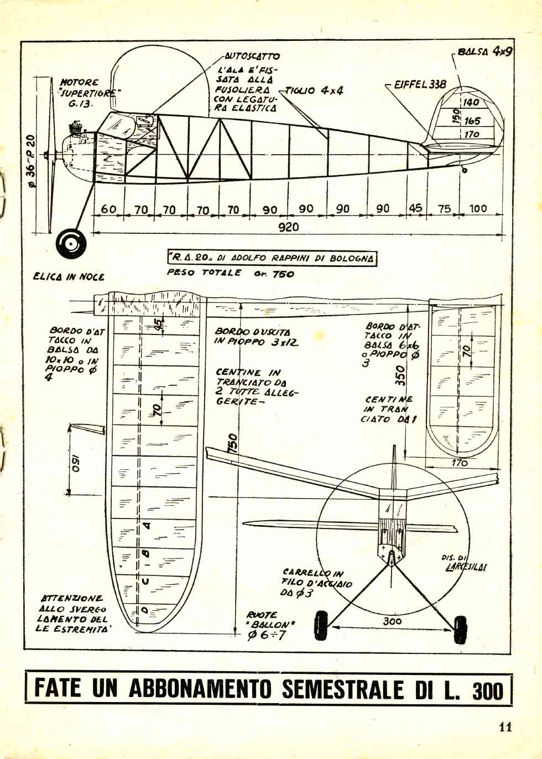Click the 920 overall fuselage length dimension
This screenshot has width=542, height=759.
pyautogui.click(x=288, y=227)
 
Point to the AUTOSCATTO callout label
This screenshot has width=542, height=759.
pyautogui.click(x=252, y=56)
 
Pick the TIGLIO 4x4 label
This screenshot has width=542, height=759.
pyautogui.click(x=314, y=90)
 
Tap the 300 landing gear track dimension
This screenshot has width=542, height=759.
pyautogui.click(x=392, y=621)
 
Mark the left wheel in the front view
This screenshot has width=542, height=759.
pyautogui.click(x=321, y=625)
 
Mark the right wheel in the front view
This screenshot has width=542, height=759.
pyautogui.click(x=460, y=630)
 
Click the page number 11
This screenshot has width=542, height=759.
pyautogui.click(x=505, y=726)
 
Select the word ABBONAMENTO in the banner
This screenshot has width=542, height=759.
pyautogui.click(x=200, y=689)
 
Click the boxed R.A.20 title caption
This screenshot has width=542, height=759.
pyautogui.click(x=272, y=258)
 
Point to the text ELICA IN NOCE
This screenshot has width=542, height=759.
pyautogui.click(x=69, y=276)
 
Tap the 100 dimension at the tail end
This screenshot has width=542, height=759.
pyautogui.click(x=478, y=208)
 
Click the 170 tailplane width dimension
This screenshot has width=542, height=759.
pyautogui.click(x=460, y=463)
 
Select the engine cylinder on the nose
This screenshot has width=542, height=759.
pyautogui.click(x=75, y=131)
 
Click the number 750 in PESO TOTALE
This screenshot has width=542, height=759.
pyautogui.click(x=283, y=274)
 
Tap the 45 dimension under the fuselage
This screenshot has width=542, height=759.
pyautogui.click(x=415, y=208)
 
